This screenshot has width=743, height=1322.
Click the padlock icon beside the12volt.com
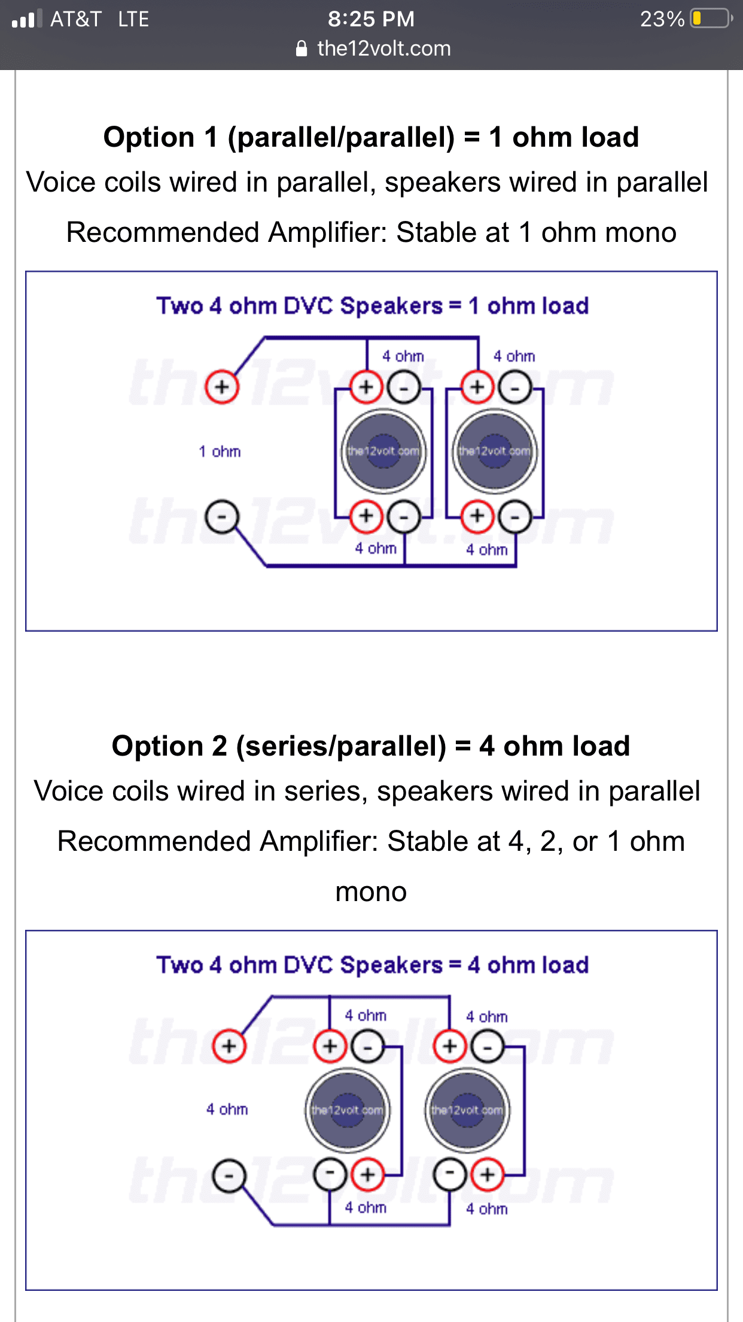pyautogui.click(x=302, y=48)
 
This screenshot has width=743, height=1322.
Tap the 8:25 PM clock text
pyautogui.click(x=371, y=19)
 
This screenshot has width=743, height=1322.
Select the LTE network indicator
pyautogui.click(x=133, y=19)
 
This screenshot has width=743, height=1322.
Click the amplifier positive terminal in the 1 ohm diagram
pyautogui.click(x=222, y=387)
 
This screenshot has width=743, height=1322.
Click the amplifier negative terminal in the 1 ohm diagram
pyautogui.click(x=222, y=517)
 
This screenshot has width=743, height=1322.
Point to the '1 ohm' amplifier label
pyautogui.click(x=220, y=451)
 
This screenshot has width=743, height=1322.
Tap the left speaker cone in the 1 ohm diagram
pyautogui.click(x=383, y=451)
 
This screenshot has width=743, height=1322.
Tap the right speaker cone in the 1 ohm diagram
pyautogui.click(x=495, y=451)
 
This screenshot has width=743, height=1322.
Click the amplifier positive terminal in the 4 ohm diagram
pyautogui.click(x=229, y=1046)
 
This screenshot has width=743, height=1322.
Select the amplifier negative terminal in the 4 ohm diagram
pyautogui.click(x=229, y=1176)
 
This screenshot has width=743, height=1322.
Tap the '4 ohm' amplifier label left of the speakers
pyautogui.click(x=227, y=1109)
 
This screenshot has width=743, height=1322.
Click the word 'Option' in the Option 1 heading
pyautogui.click(x=149, y=138)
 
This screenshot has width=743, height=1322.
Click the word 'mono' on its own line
pyautogui.click(x=371, y=892)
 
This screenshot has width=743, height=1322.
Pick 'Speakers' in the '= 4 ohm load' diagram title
pyautogui.click(x=391, y=965)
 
